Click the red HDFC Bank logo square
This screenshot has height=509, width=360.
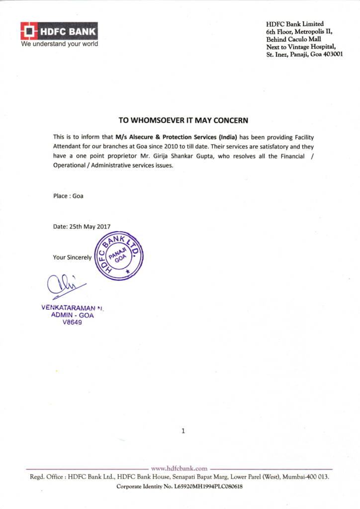pyautogui.click(x=29, y=31)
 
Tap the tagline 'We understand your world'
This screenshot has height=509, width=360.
pyautogui.click(x=59, y=44)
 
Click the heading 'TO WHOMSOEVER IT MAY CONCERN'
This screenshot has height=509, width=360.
pyautogui.click(x=182, y=120)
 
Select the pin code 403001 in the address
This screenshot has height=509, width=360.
pyautogui.click(x=332, y=55)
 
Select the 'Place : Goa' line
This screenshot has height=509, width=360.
pyautogui.click(x=68, y=196)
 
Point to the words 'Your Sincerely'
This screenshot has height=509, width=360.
pyautogui.click(x=72, y=257)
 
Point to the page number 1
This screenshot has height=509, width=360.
pyautogui.click(x=183, y=431)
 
